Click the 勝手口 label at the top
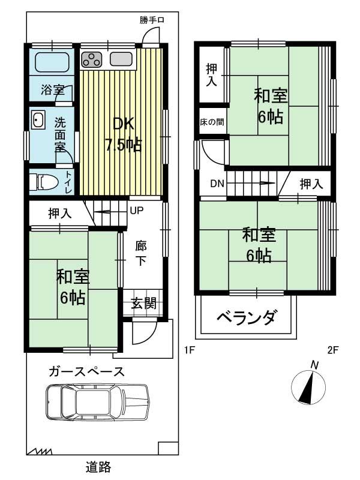click(152, 20)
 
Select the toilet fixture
click(46, 181)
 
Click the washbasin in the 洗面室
click(38, 121)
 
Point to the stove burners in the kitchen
click(92, 59)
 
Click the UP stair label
click(137, 211)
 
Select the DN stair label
click(217, 184)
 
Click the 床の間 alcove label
click(212, 122)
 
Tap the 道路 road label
click(98, 466)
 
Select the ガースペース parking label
click(87, 371)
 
